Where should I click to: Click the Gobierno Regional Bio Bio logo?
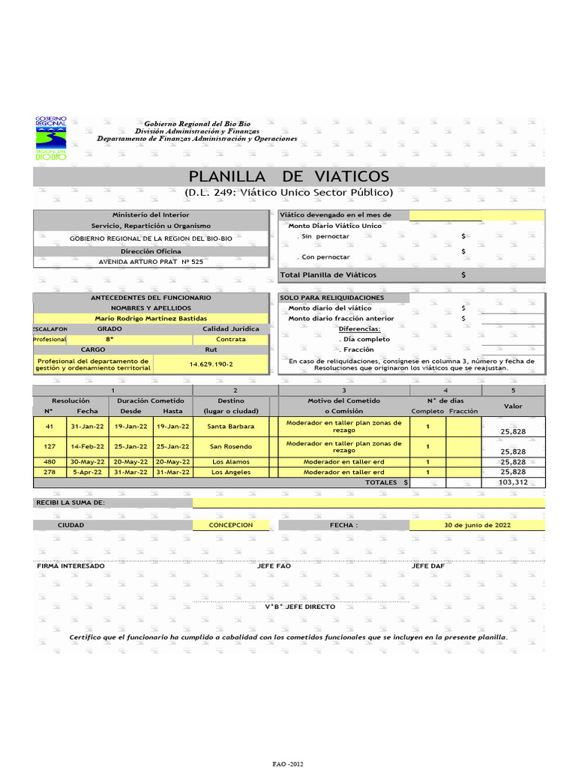click(x=51, y=139)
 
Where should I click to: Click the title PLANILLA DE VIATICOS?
click(x=289, y=176)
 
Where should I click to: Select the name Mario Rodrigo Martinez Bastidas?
click(x=151, y=319)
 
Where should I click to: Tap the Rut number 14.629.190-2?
click(x=211, y=364)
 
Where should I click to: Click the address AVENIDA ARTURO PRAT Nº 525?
click(x=151, y=262)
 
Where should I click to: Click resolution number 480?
click(x=49, y=462)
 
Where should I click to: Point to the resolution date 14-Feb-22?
click(x=87, y=446)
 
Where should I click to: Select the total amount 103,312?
click(x=513, y=483)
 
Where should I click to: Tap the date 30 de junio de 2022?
click(x=477, y=525)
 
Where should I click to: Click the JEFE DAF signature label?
click(x=428, y=565)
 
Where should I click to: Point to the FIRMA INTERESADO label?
click(x=71, y=565)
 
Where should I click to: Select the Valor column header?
click(x=513, y=406)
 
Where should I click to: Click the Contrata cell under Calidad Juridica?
click(x=231, y=340)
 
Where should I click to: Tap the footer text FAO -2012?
click(x=288, y=763)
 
